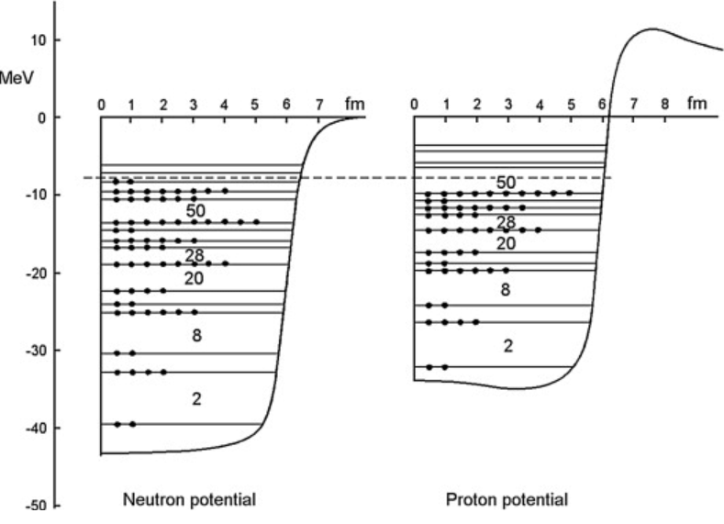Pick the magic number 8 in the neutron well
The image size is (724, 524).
[x=196, y=336]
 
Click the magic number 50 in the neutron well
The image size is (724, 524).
[x=194, y=209]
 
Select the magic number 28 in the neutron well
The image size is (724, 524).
[x=194, y=255]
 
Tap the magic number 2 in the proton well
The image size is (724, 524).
[x=507, y=345]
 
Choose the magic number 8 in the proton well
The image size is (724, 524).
[x=506, y=290]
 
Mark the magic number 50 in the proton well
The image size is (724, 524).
[x=506, y=182]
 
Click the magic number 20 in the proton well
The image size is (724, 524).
[x=506, y=243]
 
